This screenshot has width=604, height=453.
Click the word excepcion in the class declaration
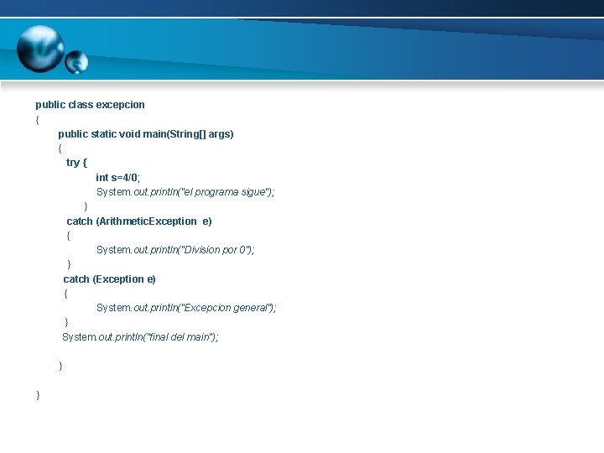pyautogui.click(x=121, y=105)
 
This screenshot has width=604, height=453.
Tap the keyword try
pyautogui.click(x=73, y=163)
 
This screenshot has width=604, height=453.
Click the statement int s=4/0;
pyautogui.click(x=118, y=178)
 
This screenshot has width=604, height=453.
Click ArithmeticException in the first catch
pyautogui.click(x=147, y=221)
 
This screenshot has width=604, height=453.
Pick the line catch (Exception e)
pyautogui.click(x=110, y=279)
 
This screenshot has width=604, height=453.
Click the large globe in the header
pyautogui.click(x=39, y=48)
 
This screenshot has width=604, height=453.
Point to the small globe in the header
pyautogui.click(x=76, y=61)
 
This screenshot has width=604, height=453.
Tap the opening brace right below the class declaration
pyautogui.click(x=38, y=119)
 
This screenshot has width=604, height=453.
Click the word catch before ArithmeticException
pyautogui.click(x=80, y=221)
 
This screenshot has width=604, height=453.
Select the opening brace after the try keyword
pyautogui.click(x=85, y=163)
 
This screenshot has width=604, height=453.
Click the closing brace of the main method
pyautogui.click(x=60, y=366)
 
